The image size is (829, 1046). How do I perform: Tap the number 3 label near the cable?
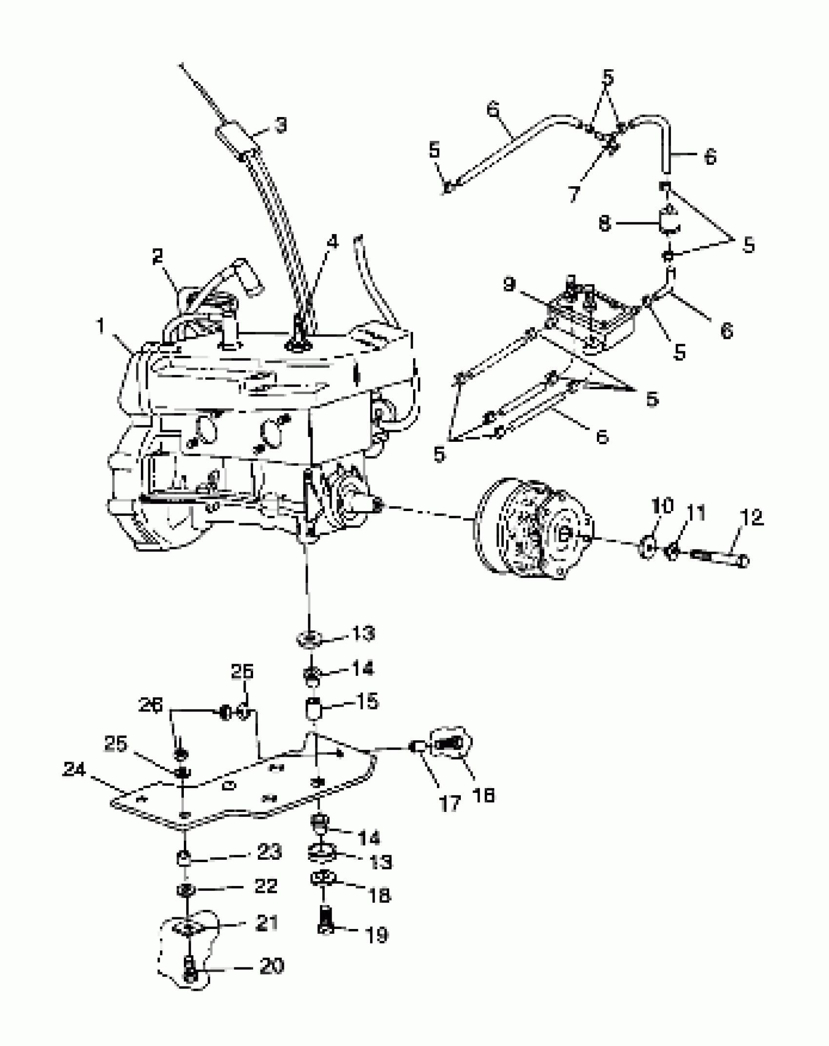tap(280, 126)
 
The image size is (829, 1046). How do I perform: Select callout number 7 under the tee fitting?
tap(574, 194)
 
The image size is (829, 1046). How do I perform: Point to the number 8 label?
tap(605, 224)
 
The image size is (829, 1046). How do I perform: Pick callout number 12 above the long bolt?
tap(751, 517)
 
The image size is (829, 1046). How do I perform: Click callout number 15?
tap(368, 702)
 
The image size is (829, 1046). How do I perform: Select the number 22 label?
tap(266, 886)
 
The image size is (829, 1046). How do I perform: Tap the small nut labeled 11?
tap(671, 552)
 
